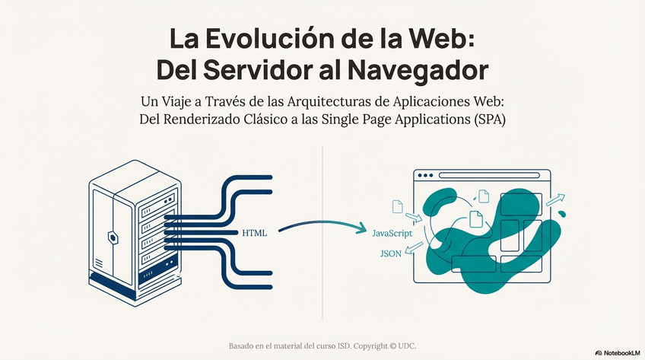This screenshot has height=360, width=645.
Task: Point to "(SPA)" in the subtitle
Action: pyautogui.click(x=488, y=119)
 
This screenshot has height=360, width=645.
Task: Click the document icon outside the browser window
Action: pyautogui.click(x=396, y=206)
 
